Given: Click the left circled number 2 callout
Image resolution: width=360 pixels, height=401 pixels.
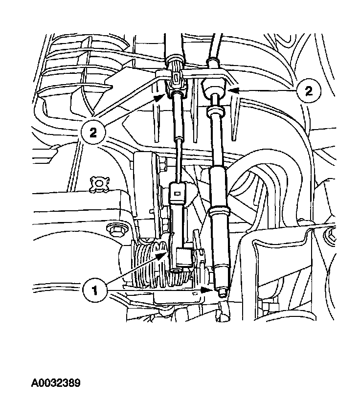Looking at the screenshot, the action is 93,133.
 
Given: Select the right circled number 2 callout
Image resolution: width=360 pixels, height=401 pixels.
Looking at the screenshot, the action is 309,91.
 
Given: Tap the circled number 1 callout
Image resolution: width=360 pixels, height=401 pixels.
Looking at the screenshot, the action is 95,290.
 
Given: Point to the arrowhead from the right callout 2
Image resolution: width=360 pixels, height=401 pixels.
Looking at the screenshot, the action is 233,90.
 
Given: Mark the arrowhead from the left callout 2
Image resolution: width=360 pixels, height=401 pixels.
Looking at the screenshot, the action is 160,97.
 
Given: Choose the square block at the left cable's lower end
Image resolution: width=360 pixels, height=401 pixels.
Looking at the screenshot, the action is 183,258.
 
